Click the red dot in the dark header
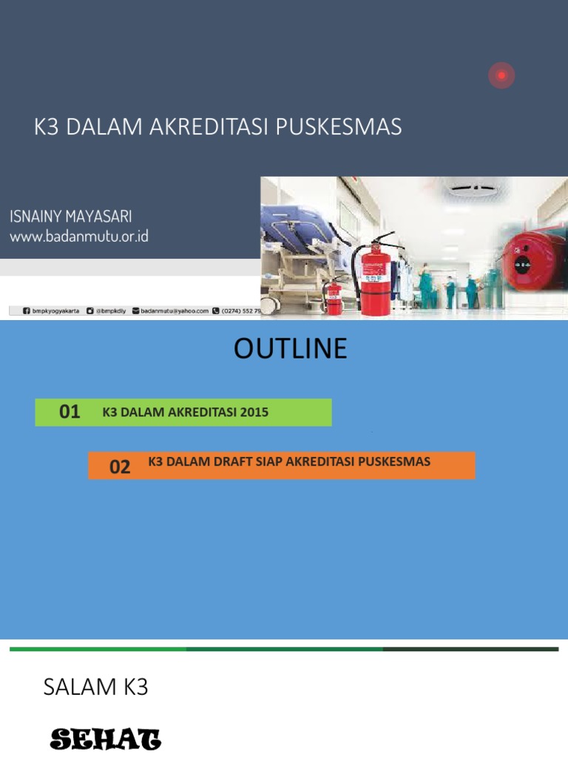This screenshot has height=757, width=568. coord(501,75)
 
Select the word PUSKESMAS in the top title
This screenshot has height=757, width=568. coord(339,127)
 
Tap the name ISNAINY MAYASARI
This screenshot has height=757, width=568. coord(71,217)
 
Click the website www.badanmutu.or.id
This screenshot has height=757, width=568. coord(79,237)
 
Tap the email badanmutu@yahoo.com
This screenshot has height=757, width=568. coord(175,311)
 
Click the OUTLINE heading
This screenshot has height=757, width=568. coord(290,349)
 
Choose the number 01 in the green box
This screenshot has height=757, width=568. coord(70,413)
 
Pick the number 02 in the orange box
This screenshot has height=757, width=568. coord(119,466)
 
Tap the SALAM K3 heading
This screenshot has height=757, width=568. coord(95,688)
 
